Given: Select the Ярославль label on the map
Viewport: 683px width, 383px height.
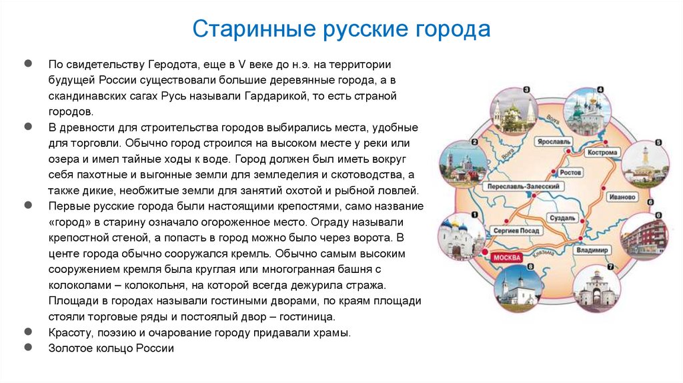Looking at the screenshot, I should (554, 141).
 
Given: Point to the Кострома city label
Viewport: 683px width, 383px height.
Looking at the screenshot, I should (602, 152).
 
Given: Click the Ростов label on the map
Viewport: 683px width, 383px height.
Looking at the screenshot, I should (570, 172).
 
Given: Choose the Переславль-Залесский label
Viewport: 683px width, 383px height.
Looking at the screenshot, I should (523, 186).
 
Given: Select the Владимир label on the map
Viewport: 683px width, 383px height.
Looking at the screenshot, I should (592, 250).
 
